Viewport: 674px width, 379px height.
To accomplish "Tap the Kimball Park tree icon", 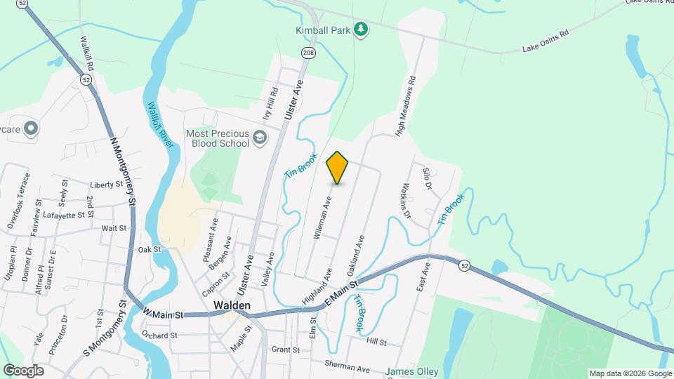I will click(361, 29).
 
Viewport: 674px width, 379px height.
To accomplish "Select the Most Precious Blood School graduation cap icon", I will click(260, 137).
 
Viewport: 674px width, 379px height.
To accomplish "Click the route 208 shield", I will click(308, 53).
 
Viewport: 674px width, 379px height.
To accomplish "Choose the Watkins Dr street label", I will click(410, 200).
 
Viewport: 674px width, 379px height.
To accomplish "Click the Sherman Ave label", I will click(347, 366).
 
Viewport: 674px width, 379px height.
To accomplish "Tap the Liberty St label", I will click(107, 185).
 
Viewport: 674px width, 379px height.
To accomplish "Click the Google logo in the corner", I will click(23, 370).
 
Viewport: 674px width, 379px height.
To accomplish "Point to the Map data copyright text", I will click(629, 373).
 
